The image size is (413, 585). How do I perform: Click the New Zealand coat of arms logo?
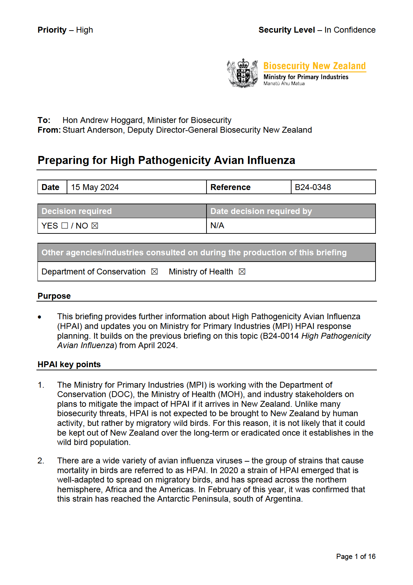tap(243, 73)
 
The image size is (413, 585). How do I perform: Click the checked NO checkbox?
tap(95, 226)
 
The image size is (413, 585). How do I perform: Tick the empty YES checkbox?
tap(65, 226)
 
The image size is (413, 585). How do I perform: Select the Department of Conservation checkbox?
tap(154, 272)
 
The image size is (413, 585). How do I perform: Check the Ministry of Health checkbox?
tap(242, 272)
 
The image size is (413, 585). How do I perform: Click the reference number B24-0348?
tap(313, 187)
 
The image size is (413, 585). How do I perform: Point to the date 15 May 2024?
tap(95, 187)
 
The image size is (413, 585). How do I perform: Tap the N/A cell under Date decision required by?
tap(217, 226)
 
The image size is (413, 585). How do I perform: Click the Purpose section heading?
tap(54, 296)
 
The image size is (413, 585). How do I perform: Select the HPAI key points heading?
tap(69, 364)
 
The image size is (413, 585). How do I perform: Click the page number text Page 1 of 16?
tap(356, 557)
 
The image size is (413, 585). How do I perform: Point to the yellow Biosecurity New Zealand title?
tap(314, 66)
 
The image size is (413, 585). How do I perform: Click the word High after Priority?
tap(84, 30)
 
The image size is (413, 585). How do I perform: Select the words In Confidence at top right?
tap(350, 30)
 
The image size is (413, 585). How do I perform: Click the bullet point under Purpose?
tap(40, 317)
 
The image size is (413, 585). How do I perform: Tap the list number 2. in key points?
tap(41, 461)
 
